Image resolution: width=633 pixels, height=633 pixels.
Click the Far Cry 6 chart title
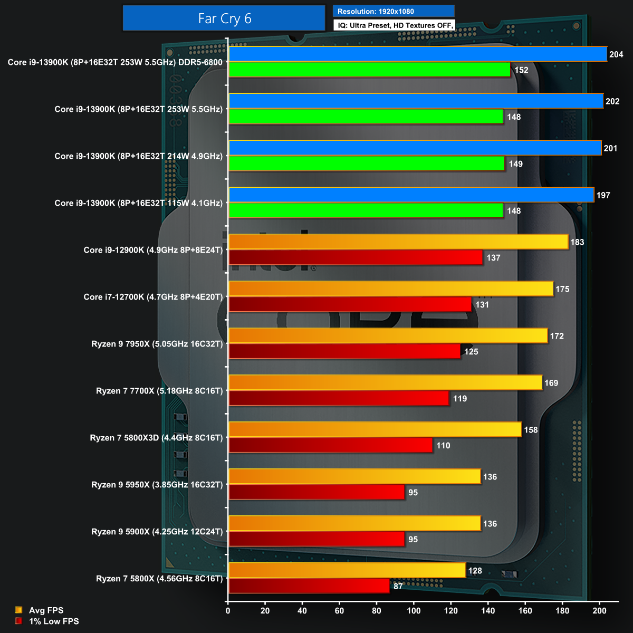point(224,18)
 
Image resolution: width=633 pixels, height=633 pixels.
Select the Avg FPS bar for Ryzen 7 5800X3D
point(375,429)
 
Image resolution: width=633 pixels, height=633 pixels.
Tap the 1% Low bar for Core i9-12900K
point(356,257)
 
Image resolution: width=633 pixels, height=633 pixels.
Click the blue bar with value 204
point(418,54)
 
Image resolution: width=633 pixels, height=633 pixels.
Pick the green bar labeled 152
point(370,70)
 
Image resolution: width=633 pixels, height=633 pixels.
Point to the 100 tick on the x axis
point(414,611)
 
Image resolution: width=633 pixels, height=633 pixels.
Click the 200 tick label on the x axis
point(600,611)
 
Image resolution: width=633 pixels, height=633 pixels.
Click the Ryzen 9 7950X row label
point(157,344)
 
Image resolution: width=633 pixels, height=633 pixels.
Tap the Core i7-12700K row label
point(153,297)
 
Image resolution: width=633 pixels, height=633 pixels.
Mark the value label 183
point(577,242)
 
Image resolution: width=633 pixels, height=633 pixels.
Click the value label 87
point(398,586)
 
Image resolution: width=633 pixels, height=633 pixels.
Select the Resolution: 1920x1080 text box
point(394,11)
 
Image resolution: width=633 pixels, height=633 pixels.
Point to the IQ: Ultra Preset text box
point(394,25)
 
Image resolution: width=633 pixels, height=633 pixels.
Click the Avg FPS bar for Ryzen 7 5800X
point(347,570)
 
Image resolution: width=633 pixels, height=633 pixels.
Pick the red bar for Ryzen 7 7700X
point(339,398)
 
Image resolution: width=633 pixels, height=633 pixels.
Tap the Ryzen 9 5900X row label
point(157,532)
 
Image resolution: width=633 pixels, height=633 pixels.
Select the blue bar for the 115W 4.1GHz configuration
point(411,195)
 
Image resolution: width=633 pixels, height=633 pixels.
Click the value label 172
point(557,336)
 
